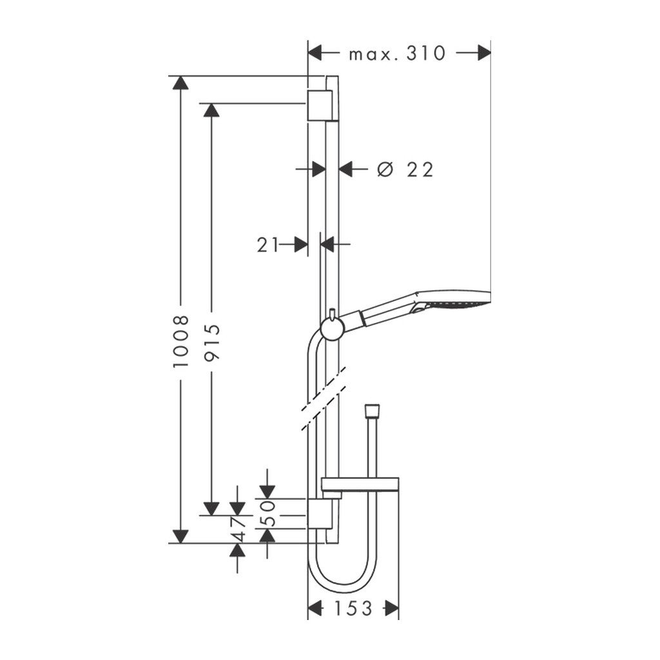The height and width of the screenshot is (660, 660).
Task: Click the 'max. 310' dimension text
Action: point(397,53)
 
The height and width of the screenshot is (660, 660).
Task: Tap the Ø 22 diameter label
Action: point(406,170)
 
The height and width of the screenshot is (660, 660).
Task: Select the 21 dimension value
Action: point(268,244)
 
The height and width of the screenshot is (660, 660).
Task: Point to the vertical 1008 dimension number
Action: point(182,342)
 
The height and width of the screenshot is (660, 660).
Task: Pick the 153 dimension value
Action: point(353,608)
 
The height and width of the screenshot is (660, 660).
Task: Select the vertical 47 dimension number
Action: point(238,529)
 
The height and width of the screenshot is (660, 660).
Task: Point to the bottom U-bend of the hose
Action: point(342,583)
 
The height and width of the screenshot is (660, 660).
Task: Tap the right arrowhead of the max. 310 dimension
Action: point(483,53)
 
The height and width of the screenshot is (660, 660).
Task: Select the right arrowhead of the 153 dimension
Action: point(391,608)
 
